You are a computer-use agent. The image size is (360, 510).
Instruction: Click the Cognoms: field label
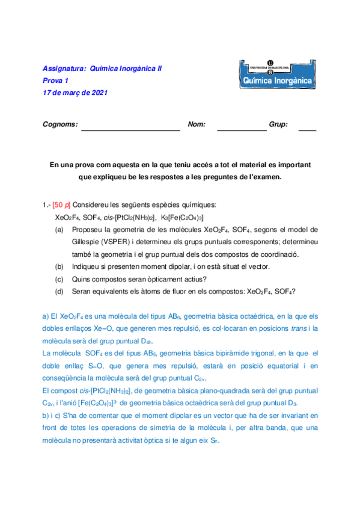coord(60,124)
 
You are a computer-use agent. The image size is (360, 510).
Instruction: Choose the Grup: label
coord(278,124)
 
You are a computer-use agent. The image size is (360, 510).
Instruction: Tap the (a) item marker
coord(59,229)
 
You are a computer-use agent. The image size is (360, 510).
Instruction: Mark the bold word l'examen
coord(266,177)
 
